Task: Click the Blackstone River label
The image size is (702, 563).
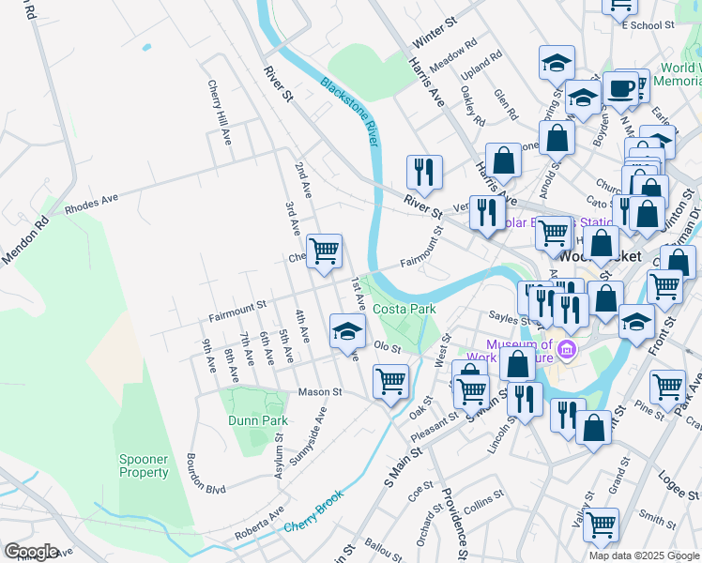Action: pos(348,111)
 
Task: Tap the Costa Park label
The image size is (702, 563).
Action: pos(404,309)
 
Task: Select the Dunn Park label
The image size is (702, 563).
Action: pos(258,420)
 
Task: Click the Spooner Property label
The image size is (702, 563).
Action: pos(144,465)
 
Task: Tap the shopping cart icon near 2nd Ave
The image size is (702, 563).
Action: pos(324,251)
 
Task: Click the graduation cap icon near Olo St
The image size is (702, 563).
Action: pos(347,329)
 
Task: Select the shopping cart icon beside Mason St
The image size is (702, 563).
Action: pos(390,381)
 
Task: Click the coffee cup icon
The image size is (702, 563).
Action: pos(620,88)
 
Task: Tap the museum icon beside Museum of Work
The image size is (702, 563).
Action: pos(566,352)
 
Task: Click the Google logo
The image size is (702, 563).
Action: pos(31,551)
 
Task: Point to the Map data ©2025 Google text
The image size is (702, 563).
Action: pos(644,555)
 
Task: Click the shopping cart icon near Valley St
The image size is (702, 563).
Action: pos(601,525)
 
